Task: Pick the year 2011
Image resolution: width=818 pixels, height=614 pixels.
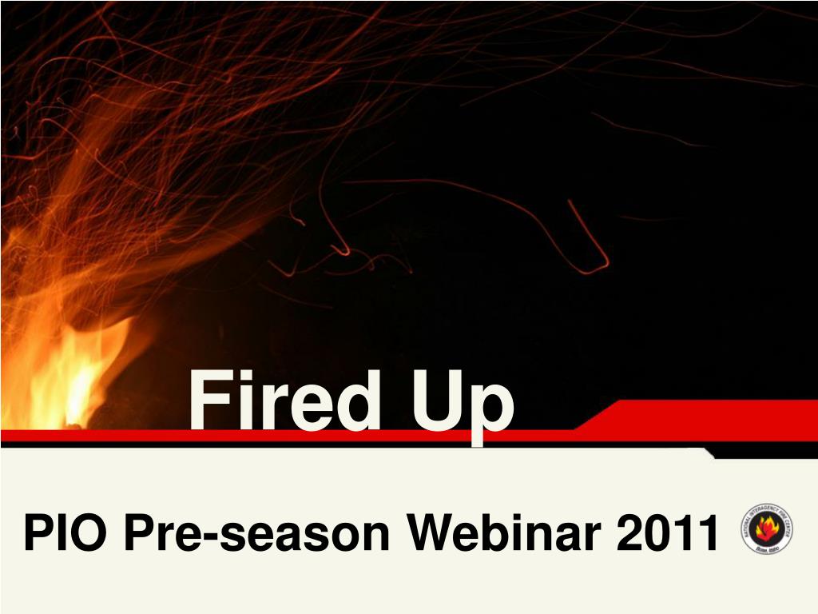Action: coord(668,533)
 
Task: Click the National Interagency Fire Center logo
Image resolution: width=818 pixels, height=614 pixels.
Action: coord(768,528)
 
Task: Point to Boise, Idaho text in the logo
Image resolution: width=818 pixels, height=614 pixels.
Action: coord(768,548)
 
